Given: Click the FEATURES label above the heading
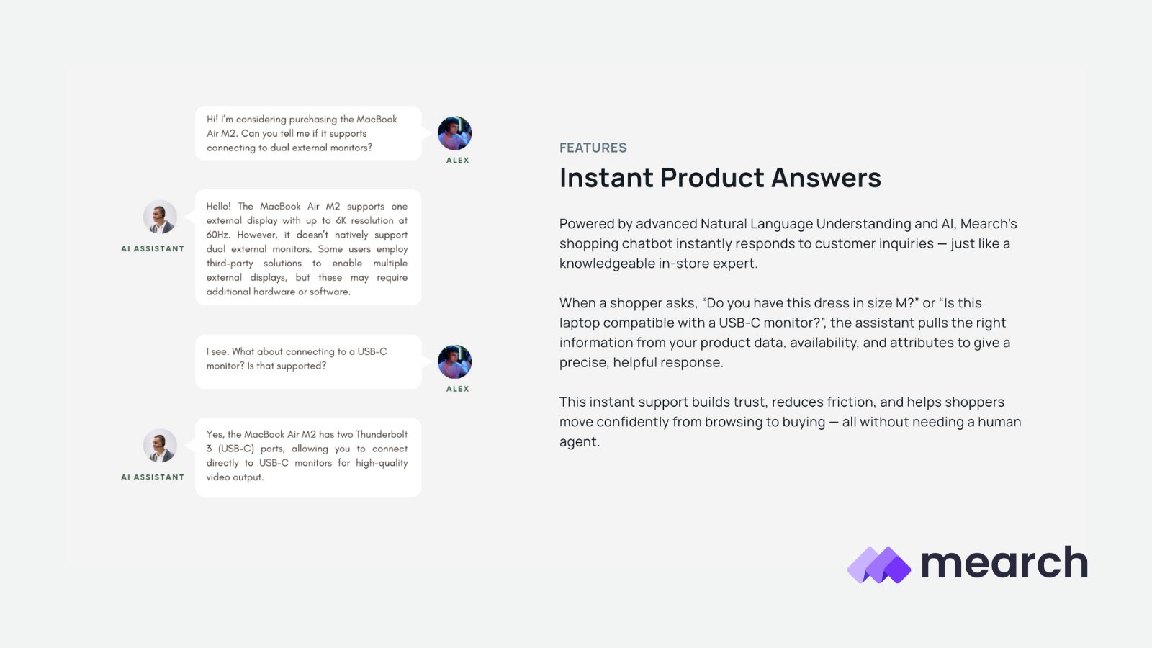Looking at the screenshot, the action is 593,148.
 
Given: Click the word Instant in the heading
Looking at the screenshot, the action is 606,177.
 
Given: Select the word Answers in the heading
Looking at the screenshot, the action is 826,177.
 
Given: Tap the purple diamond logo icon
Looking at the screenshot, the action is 879,564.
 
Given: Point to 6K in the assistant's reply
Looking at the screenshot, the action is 341,220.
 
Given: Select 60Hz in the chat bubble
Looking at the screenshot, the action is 217,235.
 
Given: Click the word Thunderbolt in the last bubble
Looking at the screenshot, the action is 382,434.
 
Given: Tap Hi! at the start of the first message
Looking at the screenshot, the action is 212,120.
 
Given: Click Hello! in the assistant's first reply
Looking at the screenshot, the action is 219,206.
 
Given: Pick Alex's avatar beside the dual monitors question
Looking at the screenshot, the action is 454,133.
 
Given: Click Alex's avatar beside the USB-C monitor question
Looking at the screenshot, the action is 454,361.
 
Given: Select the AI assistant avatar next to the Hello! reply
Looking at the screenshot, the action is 160,217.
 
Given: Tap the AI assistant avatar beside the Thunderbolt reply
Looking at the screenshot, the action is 160,446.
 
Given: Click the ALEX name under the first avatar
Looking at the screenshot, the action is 458,161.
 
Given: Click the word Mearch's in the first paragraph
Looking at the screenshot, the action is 989,224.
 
